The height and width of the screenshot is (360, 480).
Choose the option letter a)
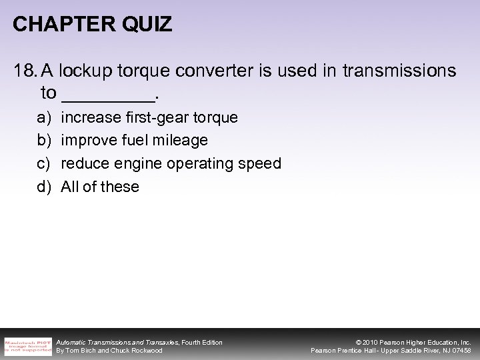[x=44, y=118]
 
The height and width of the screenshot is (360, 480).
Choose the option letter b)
[x=44, y=141]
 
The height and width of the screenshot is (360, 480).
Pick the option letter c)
[x=44, y=163]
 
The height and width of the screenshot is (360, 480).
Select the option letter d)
[x=44, y=187]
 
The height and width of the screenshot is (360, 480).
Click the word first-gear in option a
[x=143, y=118]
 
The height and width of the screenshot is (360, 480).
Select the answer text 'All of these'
[x=100, y=187]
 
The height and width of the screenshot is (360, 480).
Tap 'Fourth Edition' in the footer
[x=201, y=342]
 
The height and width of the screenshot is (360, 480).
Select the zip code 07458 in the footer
[x=460, y=351]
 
